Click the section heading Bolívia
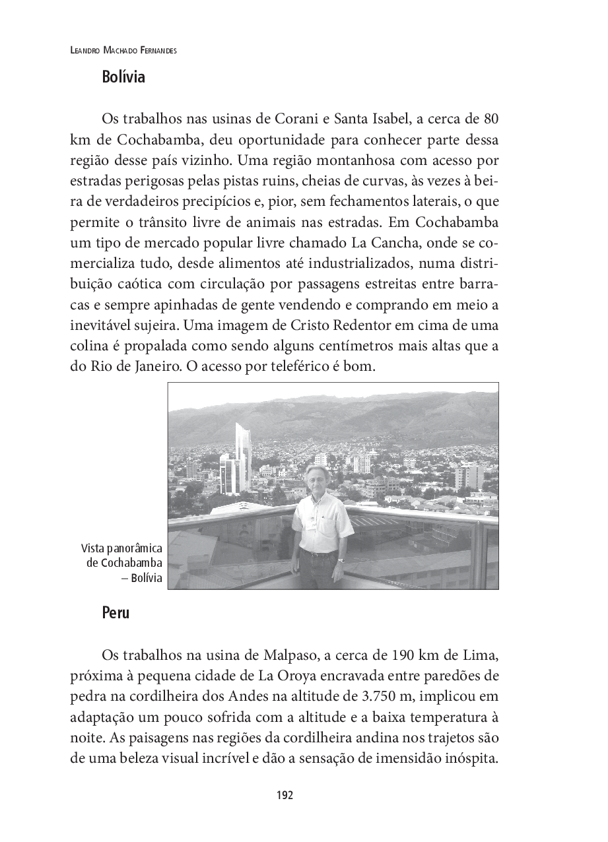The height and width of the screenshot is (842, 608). [x=123, y=77]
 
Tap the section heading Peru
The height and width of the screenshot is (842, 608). [x=116, y=612]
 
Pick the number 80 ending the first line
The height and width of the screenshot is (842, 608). [x=490, y=119]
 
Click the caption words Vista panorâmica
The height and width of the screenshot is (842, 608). [x=122, y=549]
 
